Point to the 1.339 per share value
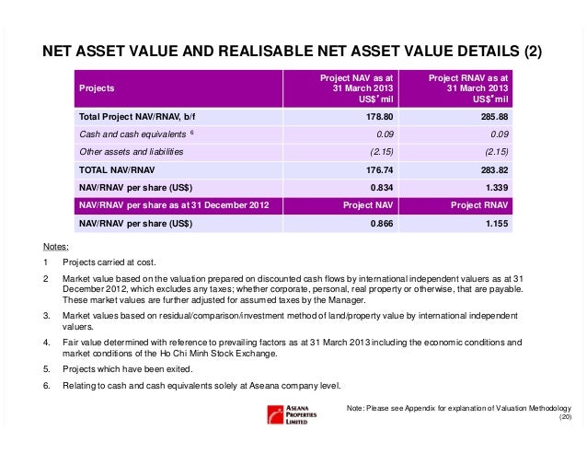[494, 188]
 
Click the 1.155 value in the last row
[494, 223]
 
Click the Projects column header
[96, 90]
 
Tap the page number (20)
[565, 418]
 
